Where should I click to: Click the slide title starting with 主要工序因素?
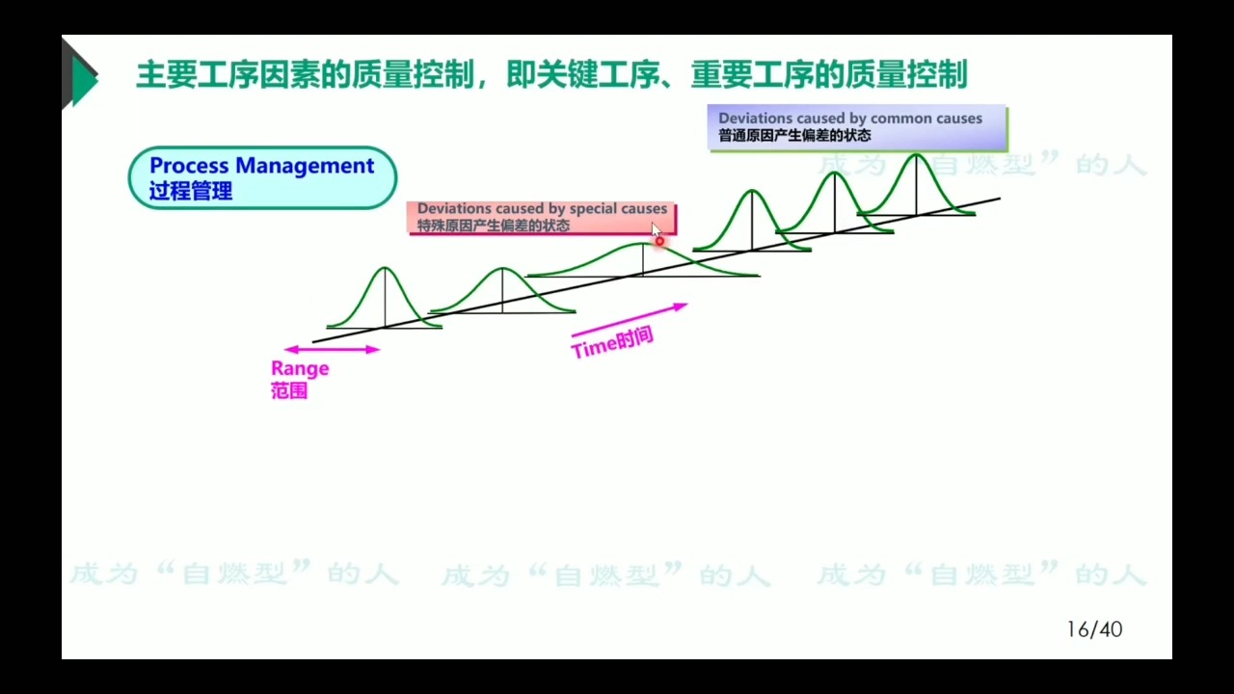[x=550, y=74]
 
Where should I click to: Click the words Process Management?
[x=261, y=166]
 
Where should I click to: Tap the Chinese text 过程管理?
[x=191, y=191]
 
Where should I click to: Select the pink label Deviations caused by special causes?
[x=542, y=208]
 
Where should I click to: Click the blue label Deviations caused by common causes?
[x=849, y=119]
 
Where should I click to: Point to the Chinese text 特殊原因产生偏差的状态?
[x=493, y=226]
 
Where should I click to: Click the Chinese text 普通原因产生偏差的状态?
[x=794, y=136]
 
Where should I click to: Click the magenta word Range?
[x=300, y=368]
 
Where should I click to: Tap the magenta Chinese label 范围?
[x=288, y=391]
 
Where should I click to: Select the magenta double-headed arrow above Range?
[x=332, y=349]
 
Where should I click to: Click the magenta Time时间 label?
[x=612, y=342]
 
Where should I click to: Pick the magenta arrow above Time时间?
[x=629, y=320]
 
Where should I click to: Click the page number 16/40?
[x=1094, y=629]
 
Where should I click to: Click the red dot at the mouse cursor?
[x=659, y=241]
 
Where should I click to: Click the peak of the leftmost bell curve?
[x=386, y=268]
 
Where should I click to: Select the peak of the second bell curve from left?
[x=502, y=268]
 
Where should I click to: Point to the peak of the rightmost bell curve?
[x=917, y=154]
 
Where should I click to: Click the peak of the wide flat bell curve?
[x=643, y=245]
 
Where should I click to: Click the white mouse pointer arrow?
[x=656, y=230]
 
